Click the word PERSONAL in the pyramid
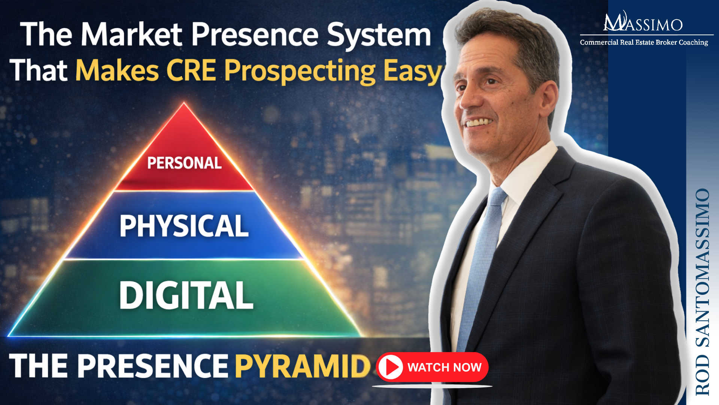[x=184, y=163]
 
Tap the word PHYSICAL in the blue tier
[x=184, y=226]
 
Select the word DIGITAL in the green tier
[x=186, y=295]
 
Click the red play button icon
[x=390, y=367]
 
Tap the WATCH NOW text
[x=444, y=367]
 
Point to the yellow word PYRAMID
[x=303, y=366]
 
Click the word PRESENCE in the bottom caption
[x=153, y=366]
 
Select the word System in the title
[x=379, y=35]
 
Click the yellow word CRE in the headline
[x=191, y=70]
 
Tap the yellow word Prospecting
[x=300, y=71]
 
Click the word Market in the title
[x=132, y=35]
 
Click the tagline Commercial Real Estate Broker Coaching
[x=644, y=42]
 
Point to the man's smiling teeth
[x=478, y=122]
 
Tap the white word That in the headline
[x=39, y=70]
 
